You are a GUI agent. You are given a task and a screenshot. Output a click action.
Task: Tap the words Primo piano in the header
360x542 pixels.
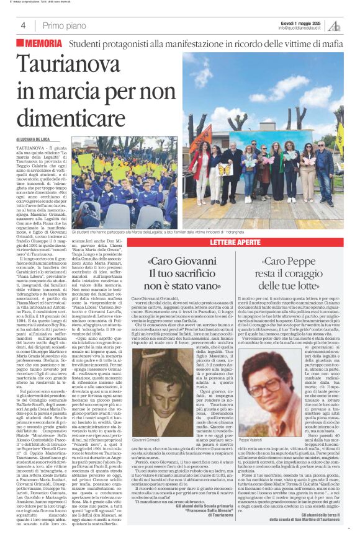tap(63, 25)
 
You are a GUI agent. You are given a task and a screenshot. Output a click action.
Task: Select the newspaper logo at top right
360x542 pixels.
tap(335, 25)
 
